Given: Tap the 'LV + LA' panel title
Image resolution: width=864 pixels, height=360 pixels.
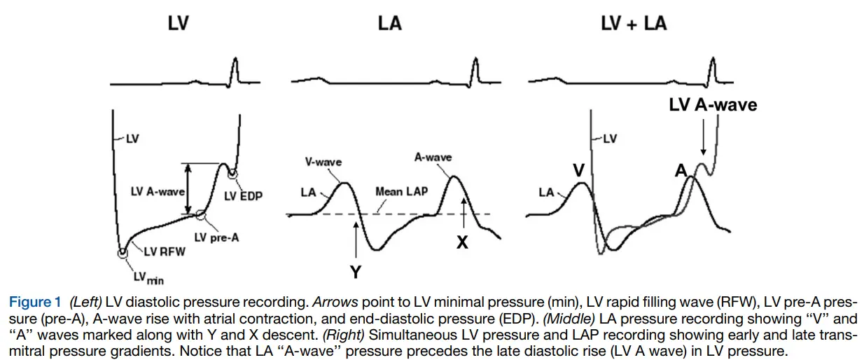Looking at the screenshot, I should point(634,23).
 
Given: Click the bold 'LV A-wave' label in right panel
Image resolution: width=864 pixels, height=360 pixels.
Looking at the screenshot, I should point(713,105).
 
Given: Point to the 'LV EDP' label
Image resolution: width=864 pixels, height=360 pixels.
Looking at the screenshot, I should point(243,196).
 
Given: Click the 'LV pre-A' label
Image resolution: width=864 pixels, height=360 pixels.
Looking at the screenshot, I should point(216,237).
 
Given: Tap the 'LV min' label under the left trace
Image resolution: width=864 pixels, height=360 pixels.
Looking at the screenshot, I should point(147,278).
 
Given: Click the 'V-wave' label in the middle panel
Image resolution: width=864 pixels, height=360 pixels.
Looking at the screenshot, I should point(323,162).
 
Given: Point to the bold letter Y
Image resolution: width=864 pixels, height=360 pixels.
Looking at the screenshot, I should point(356,272).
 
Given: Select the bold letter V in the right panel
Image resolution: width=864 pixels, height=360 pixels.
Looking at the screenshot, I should point(578,170).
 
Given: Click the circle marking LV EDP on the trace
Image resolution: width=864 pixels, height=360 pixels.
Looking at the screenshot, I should point(232,173).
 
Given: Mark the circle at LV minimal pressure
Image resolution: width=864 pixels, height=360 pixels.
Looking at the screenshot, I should point(123,253).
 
